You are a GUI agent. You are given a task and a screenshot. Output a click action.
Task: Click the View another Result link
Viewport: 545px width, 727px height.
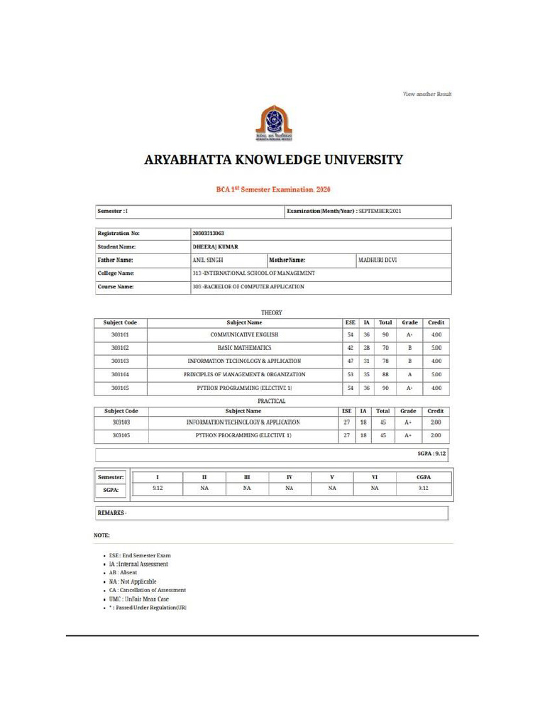point(427,94)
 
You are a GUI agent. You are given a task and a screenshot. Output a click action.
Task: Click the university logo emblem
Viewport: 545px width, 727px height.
point(273,123)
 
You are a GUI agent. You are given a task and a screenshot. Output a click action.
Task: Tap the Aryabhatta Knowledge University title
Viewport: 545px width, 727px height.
point(273,160)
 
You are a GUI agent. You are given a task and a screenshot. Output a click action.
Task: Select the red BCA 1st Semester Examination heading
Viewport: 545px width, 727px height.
point(273,190)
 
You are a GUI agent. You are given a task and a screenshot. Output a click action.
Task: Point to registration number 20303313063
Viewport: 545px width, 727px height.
point(214,233)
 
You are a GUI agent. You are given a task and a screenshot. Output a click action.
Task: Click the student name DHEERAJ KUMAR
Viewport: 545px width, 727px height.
point(216,246)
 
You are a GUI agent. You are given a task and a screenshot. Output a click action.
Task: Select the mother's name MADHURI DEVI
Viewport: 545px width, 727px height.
point(378,261)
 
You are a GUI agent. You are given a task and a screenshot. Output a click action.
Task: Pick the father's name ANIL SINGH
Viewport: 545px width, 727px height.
point(208,261)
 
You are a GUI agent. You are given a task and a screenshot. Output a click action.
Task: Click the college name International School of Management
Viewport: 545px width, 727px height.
point(254,273)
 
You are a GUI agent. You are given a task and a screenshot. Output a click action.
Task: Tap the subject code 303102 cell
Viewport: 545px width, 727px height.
point(120,348)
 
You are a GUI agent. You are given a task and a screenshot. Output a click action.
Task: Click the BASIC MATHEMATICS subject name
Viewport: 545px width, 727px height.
point(244,348)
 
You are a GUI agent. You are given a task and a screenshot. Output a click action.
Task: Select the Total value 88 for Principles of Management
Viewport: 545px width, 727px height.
point(385,374)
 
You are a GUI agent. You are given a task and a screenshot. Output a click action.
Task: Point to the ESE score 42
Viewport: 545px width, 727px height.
point(350,348)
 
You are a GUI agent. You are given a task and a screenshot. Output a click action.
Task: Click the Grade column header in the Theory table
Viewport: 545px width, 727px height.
point(409,322)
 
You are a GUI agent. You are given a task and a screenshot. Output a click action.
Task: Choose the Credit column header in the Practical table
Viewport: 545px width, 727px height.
point(436,411)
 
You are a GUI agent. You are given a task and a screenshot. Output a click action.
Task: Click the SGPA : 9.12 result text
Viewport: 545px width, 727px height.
point(431,453)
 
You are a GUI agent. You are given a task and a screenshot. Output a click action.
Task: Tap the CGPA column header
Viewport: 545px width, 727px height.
point(423,476)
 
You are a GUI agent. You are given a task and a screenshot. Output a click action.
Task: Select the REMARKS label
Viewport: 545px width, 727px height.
point(111,512)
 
